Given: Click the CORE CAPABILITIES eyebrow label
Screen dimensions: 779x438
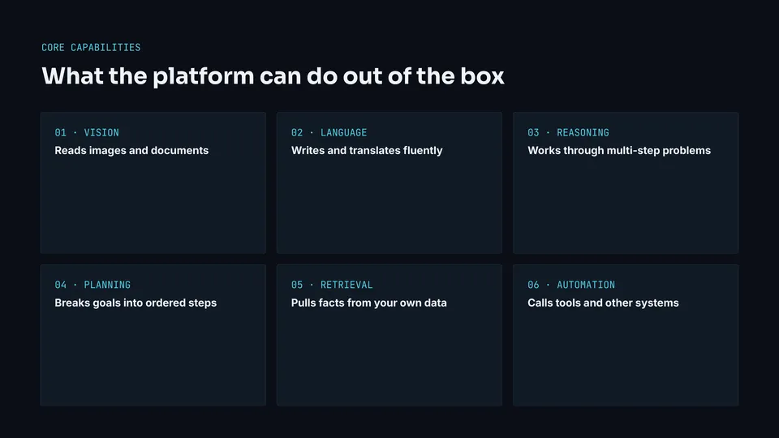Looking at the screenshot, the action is tap(91, 48).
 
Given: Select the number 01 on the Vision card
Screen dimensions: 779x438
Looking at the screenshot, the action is tap(61, 132).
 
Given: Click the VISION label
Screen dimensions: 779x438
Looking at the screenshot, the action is tap(101, 132).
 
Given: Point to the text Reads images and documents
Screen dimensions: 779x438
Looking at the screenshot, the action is tap(131, 151).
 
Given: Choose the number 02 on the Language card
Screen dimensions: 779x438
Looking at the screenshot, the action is tap(297, 132).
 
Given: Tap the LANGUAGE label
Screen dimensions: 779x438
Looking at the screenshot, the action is tap(344, 132).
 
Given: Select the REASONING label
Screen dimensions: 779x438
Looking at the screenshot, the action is tap(583, 132).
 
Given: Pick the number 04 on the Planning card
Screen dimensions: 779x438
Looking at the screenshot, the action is tap(61, 285).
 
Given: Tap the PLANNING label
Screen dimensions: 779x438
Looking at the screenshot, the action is tap(107, 285).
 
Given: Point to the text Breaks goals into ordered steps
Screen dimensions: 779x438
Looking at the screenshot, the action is tap(136, 303).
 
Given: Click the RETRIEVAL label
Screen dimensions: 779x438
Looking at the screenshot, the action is tap(346, 285).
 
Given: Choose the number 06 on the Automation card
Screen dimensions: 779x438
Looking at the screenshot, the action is tap(534, 285).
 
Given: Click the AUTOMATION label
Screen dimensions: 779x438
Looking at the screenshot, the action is tap(586, 285).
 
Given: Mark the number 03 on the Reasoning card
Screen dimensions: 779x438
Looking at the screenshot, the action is tap(534, 132).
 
